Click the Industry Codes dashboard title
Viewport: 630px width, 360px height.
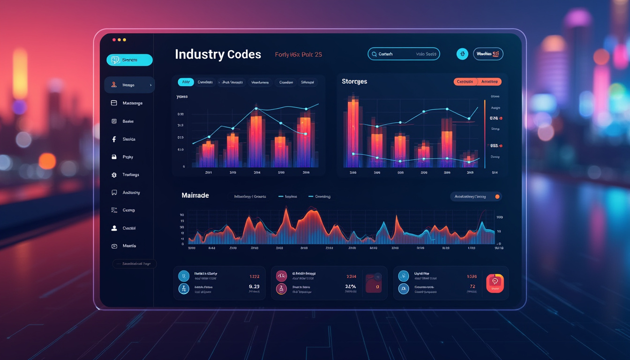coord(218,54)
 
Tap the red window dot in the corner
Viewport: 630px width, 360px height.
coord(114,40)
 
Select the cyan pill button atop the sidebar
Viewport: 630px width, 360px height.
coord(129,60)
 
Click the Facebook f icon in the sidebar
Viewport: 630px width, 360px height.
coord(114,139)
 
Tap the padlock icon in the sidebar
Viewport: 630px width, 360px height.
coord(114,157)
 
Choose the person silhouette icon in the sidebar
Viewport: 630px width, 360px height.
coord(114,228)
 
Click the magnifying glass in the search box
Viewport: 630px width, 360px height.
coord(374,54)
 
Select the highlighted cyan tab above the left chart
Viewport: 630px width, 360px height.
coord(186,82)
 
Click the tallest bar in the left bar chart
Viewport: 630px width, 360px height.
coord(256,141)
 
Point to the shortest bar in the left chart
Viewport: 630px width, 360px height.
coord(207,155)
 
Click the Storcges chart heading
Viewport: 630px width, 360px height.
coord(354,82)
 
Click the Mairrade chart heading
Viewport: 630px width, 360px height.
coord(195,195)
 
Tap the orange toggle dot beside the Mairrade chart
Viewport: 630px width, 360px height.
coord(497,197)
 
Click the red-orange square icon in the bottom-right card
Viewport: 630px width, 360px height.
coord(495,283)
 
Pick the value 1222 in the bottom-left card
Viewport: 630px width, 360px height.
coord(254,277)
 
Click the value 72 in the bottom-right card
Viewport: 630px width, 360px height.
coord(472,286)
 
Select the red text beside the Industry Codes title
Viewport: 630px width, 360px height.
coord(298,55)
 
